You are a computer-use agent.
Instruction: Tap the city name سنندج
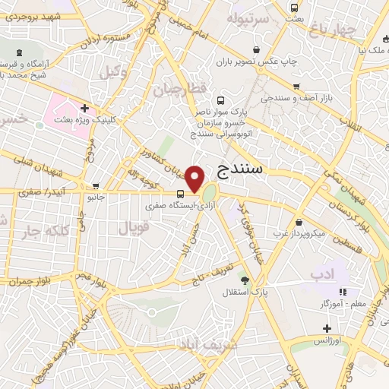tap(239, 169)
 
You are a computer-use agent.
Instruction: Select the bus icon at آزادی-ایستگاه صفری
tap(179, 193)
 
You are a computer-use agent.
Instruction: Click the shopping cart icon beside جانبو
tap(96, 186)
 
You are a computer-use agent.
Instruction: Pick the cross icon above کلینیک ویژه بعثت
tap(84, 109)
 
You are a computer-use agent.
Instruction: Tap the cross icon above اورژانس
tap(327, 328)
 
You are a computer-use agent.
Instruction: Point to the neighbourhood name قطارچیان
tap(179, 89)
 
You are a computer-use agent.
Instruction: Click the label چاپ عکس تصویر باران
tap(254, 59)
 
